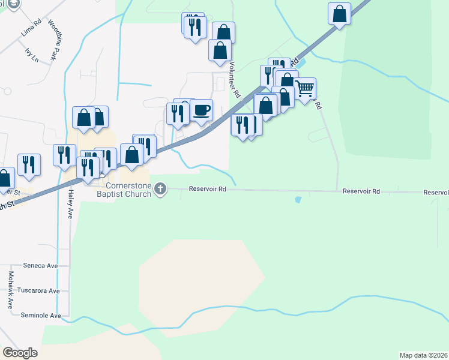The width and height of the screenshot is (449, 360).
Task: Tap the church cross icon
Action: pos(160,189)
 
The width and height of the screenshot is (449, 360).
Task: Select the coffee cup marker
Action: pos(202,110)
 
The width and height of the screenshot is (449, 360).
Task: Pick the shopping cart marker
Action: pos(305,89)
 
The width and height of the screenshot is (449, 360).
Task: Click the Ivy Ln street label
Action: pos(32,56)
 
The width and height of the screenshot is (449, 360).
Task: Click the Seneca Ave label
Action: pos(40,265)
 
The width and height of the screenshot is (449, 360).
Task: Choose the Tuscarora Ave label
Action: pos(41,290)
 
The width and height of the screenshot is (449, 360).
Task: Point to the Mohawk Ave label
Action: pos(10,290)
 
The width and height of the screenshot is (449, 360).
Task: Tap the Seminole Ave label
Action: pos(41,315)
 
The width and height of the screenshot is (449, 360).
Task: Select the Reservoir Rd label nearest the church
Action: pos(207,188)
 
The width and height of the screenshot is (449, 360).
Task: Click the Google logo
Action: pos(20,353)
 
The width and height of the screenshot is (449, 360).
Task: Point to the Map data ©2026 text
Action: pos(424,355)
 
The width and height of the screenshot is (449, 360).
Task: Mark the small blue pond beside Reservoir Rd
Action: pos(298,199)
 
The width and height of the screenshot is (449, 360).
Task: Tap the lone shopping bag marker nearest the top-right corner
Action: pos(340,14)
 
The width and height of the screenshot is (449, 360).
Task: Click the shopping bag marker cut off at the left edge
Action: pos(4,179)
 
